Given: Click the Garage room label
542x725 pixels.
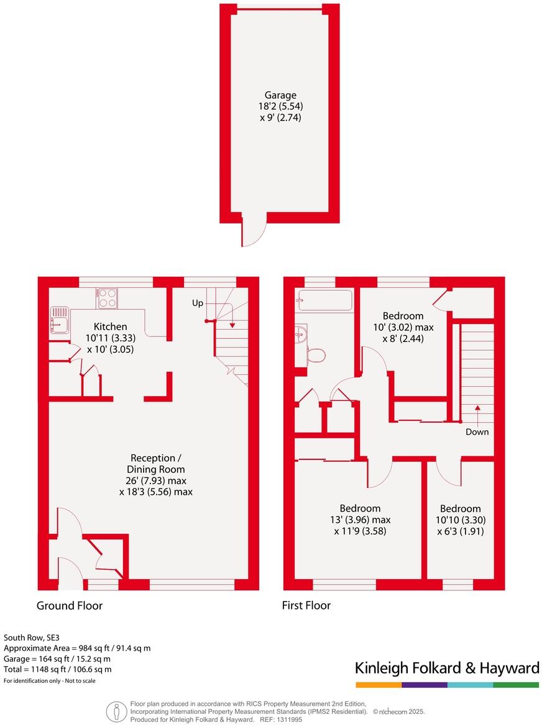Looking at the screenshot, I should click(280, 95).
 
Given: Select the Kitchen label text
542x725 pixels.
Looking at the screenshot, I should click(111, 326).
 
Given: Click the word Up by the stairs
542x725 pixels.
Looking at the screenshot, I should click(197, 304).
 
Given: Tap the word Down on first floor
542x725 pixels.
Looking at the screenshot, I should click(477, 432).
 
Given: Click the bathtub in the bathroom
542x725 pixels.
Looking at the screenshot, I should click(325, 300).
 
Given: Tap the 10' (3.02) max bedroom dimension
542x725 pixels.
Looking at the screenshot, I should click(403, 327).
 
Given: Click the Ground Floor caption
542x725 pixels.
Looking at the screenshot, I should click(70, 605).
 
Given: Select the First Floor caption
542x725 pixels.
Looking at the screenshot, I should click(306, 605).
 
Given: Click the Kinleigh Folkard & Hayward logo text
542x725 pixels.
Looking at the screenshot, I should click(447, 668).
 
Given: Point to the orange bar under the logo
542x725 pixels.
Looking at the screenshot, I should click(379, 685).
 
